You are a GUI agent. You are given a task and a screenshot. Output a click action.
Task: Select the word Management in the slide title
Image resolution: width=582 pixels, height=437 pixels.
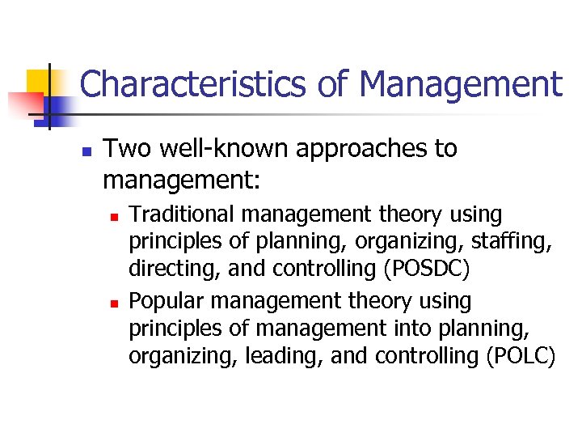(461, 84)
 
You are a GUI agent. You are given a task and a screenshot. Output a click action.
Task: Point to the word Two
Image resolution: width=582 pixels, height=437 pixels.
(124, 149)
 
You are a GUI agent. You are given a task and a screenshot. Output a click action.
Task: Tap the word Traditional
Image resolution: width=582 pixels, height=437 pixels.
(183, 215)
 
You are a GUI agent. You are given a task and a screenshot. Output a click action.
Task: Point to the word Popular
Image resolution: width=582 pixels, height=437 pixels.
(166, 302)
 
